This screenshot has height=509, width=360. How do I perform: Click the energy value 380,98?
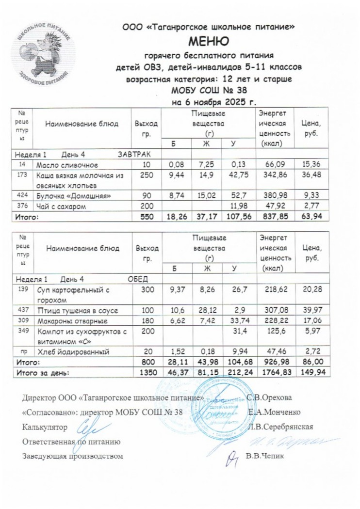[x=275, y=196]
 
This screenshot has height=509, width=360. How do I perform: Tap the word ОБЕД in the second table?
[x=137, y=280]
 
